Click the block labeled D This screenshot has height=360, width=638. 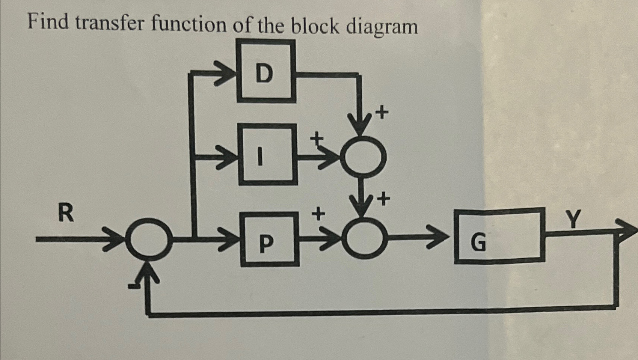click(266, 71)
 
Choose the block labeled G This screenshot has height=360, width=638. click(499, 236)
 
